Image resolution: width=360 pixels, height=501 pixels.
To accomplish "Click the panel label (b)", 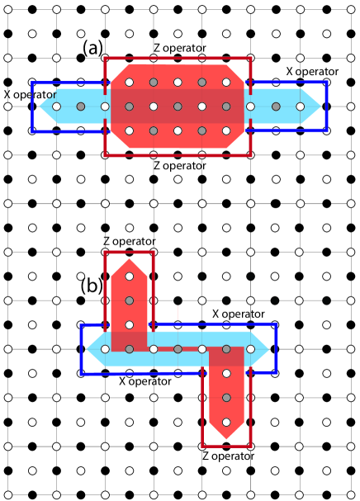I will [92, 286].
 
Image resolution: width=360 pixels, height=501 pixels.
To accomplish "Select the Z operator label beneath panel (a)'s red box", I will [179, 165].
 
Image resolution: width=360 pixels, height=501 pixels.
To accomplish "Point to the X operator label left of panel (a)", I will [30, 95].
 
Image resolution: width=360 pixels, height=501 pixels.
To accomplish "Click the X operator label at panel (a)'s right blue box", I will [312, 72].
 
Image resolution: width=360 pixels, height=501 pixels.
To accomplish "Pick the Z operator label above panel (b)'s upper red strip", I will [129, 241].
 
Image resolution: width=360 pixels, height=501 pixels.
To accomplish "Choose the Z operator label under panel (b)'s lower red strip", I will [228, 455].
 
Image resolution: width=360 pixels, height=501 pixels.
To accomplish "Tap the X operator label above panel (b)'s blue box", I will [238, 314].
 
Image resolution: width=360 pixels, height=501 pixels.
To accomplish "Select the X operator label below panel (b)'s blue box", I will [145, 381].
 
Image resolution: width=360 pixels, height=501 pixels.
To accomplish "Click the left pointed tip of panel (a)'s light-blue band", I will [40, 106].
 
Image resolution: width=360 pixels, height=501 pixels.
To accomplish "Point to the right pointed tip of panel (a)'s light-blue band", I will [320, 106].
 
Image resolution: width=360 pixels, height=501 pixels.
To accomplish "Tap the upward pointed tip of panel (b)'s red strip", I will [129, 258].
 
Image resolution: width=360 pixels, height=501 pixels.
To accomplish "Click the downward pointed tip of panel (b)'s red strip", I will [226, 437].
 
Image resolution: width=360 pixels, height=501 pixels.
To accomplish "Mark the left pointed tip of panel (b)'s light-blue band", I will [89, 349].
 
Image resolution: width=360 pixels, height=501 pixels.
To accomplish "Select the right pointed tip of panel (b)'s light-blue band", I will [272, 349].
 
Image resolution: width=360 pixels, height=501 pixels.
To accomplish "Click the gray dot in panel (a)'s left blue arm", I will [80, 106].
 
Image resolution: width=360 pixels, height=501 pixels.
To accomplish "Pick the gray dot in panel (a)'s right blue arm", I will [275, 106].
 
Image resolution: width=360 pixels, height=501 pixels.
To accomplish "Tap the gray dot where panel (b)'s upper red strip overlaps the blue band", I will [129, 349].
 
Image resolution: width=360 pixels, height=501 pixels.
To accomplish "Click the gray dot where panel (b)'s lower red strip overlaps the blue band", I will [226, 349].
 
